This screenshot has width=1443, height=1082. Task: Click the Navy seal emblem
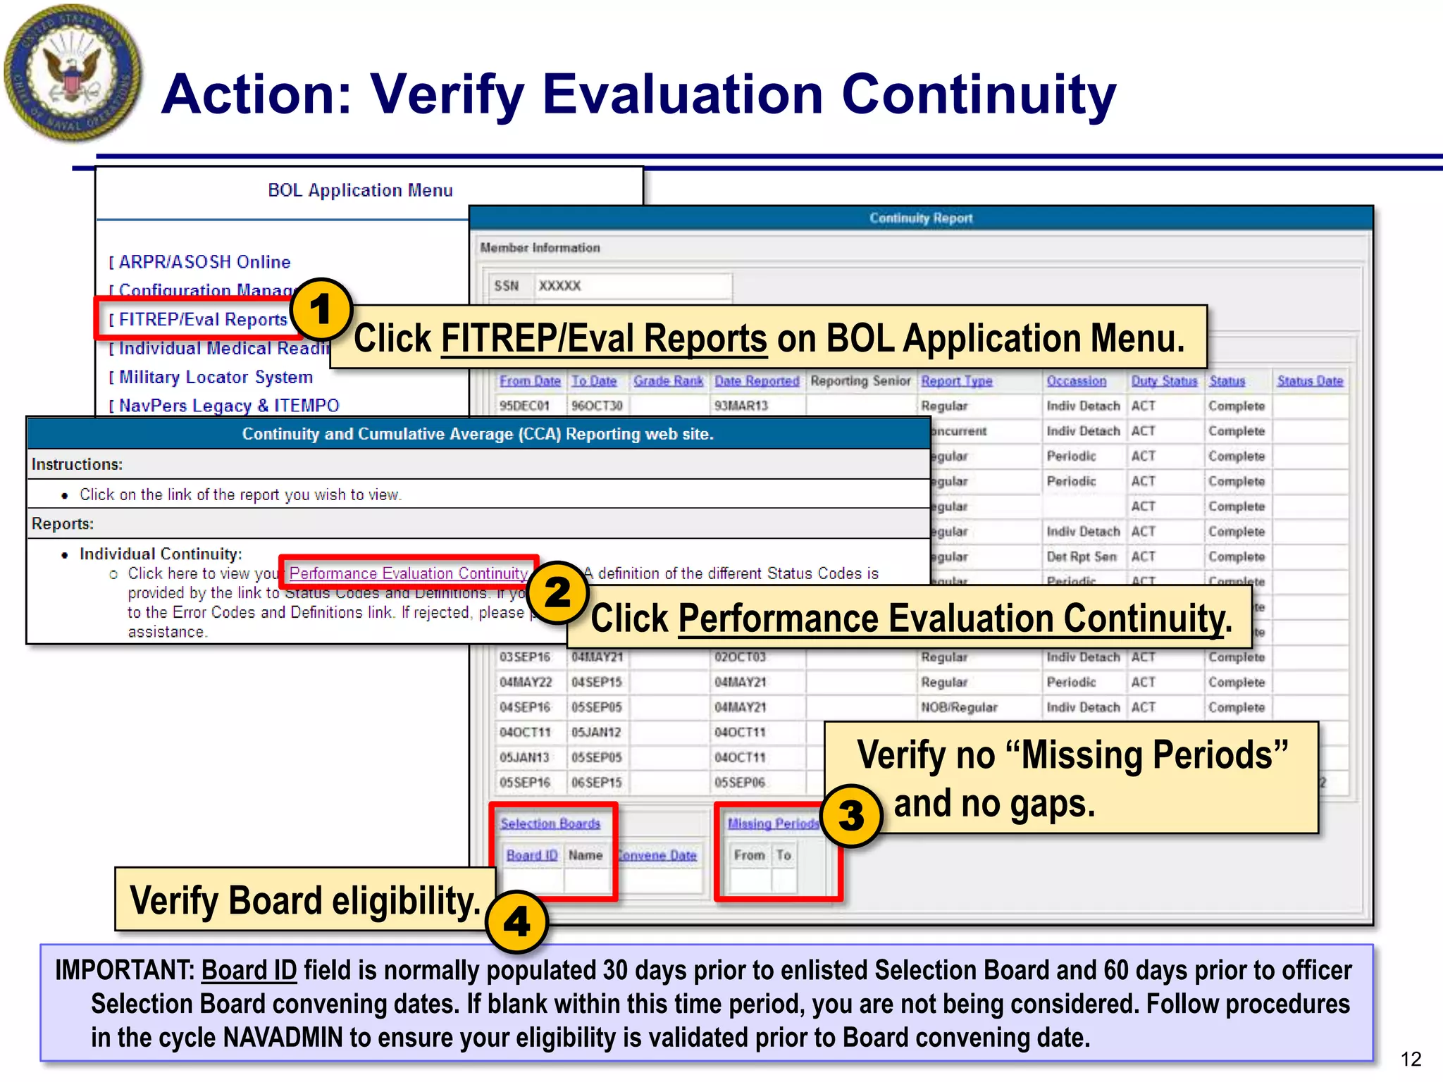72,73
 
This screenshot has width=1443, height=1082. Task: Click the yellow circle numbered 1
321,309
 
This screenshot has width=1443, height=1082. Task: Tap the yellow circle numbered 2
557,592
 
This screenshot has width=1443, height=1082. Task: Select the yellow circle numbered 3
851,816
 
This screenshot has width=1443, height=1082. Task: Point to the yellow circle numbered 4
516,921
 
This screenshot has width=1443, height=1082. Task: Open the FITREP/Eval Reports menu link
202,320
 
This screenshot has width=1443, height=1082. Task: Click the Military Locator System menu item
215,378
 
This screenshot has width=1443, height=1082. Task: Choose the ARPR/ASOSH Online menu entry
204,262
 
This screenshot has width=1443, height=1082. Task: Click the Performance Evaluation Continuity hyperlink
408,573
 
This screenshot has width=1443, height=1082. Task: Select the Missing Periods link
773,823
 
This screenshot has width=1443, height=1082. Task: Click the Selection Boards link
550,823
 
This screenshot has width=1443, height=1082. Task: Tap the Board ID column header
532,855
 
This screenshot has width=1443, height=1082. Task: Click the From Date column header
530,381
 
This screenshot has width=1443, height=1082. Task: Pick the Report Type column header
956,381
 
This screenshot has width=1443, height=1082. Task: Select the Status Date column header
1310,381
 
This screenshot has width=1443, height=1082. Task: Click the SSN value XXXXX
559,286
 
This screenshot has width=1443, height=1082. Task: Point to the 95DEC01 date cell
524,406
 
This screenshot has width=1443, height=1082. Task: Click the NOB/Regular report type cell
959,707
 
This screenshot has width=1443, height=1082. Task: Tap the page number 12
1411,1059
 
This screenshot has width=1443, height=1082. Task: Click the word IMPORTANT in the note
124,971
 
